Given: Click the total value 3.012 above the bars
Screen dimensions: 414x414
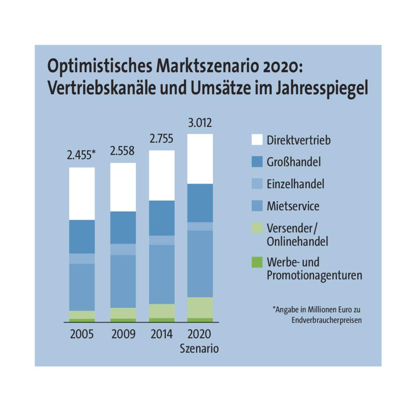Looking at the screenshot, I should tap(200, 123).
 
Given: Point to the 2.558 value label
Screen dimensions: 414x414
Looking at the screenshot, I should tap(123, 151).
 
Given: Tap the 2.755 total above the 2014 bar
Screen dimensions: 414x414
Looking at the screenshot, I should tap(161, 139).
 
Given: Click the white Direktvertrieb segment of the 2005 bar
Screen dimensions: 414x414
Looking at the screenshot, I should tap(82, 193).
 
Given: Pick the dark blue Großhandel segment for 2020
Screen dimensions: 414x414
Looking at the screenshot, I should tap(200, 203).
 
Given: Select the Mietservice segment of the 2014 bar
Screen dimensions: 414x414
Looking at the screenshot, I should tap(161, 274).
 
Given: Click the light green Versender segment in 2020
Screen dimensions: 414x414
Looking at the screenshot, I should tap(200, 307).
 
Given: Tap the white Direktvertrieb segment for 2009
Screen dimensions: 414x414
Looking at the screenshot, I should tap(123, 187).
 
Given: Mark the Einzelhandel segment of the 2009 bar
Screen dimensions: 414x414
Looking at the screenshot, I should tap(123, 249).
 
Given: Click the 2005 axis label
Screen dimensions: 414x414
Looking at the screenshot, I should tap(82, 334).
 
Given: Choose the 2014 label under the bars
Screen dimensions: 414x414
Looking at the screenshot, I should tap(161, 334).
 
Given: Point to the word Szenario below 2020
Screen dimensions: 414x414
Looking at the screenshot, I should tap(200, 349).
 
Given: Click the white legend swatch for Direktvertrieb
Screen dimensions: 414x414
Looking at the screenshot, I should tap(257, 140).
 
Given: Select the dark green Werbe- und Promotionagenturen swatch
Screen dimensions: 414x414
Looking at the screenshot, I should tap(257, 262).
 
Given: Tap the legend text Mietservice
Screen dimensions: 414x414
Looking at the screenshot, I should tap(293, 206).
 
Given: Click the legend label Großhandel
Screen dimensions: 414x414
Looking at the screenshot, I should tap(294, 162).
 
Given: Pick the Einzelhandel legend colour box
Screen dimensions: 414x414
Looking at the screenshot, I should tap(257, 184).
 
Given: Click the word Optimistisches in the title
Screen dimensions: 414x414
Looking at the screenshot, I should tap(100, 67).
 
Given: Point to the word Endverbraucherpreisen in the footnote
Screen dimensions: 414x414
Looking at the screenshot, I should tap(327, 320).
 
